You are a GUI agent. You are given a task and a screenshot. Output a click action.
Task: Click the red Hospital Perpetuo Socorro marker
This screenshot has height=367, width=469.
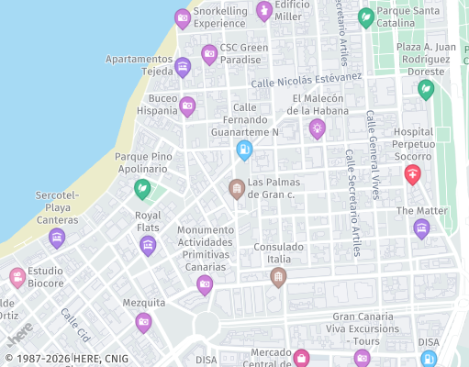pyautogui.click(x=413, y=172)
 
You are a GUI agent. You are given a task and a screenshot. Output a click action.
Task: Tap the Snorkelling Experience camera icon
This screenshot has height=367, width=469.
pyautogui.click(x=183, y=17)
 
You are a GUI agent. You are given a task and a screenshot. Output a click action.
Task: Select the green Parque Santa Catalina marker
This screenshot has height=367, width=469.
pyautogui.click(x=365, y=16)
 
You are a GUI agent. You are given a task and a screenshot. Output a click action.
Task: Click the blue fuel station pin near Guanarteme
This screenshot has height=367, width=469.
pyautogui.click(x=243, y=149)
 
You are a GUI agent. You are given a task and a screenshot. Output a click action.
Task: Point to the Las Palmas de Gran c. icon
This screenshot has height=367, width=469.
pyautogui.click(x=237, y=188)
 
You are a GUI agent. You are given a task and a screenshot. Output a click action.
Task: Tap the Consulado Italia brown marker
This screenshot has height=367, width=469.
pyautogui.click(x=278, y=275)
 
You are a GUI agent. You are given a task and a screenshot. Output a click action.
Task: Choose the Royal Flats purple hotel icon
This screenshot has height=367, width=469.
pyautogui.click(x=148, y=244)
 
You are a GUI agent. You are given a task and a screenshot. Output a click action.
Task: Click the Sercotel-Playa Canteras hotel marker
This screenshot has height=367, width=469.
pyautogui.click(x=57, y=238)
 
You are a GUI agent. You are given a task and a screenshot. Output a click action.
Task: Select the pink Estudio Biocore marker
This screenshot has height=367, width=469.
pyautogui.click(x=17, y=276)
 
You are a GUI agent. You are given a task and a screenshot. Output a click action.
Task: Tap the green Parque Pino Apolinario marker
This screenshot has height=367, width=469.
pyautogui.click(x=142, y=189)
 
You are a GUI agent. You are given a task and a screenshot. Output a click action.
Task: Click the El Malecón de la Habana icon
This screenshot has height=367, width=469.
pyautogui.click(x=318, y=127)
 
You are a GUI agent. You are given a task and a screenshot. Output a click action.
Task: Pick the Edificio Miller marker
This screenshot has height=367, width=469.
pyautogui.click(x=264, y=10)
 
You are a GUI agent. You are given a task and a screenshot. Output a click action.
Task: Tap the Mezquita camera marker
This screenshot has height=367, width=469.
pyautogui.click(x=143, y=321)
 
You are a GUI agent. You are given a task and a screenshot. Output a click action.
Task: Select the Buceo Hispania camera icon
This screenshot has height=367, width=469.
pyautogui.click(x=187, y=106)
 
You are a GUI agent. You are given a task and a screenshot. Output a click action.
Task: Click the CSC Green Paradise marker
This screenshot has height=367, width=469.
pyautogui.click(x=209, y=53)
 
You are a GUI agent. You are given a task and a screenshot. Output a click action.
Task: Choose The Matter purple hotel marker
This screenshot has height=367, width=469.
pyautogui.click(x=421, y=228)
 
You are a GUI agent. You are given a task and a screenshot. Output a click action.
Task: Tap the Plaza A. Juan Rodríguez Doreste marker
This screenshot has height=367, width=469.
pyautogui.click(x=425, y=89)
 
